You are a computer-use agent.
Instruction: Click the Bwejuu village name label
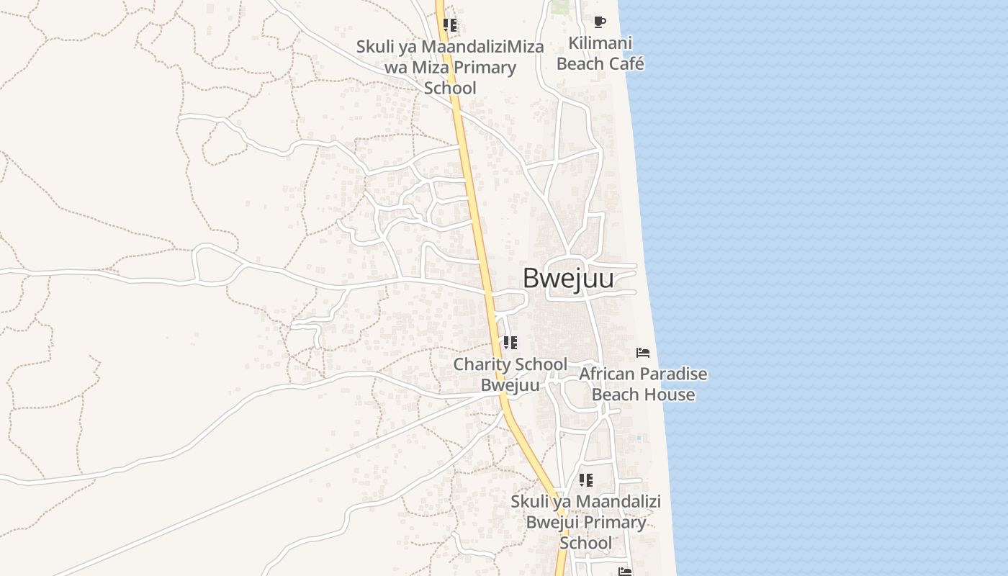tap(568, 278)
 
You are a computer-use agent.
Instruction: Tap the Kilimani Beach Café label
tap(600, 53)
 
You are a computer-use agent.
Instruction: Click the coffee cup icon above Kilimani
tap(599, 22)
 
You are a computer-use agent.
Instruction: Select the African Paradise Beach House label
tap(643, 384)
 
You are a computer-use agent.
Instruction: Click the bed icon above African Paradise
tap(643, 353)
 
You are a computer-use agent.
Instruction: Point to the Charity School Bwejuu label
tap(510, 374)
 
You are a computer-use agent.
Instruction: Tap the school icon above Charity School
tap(510, 343)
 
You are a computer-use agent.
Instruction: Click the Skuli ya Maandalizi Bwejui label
tap(585, 521)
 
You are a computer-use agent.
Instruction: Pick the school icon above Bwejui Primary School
tap(586, 480)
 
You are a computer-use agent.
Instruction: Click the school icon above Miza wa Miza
tap(450, 26)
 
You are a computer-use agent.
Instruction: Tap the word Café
tap(626, 64)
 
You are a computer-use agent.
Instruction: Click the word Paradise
tap(671, 374)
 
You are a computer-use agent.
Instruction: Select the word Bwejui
tap(554, 522)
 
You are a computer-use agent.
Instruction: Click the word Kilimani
tap(600, 43)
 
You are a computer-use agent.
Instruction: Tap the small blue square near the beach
tap(639, 438)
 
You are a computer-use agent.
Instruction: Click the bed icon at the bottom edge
tap(625, 572)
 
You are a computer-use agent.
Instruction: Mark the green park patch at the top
tap(560, 7)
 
